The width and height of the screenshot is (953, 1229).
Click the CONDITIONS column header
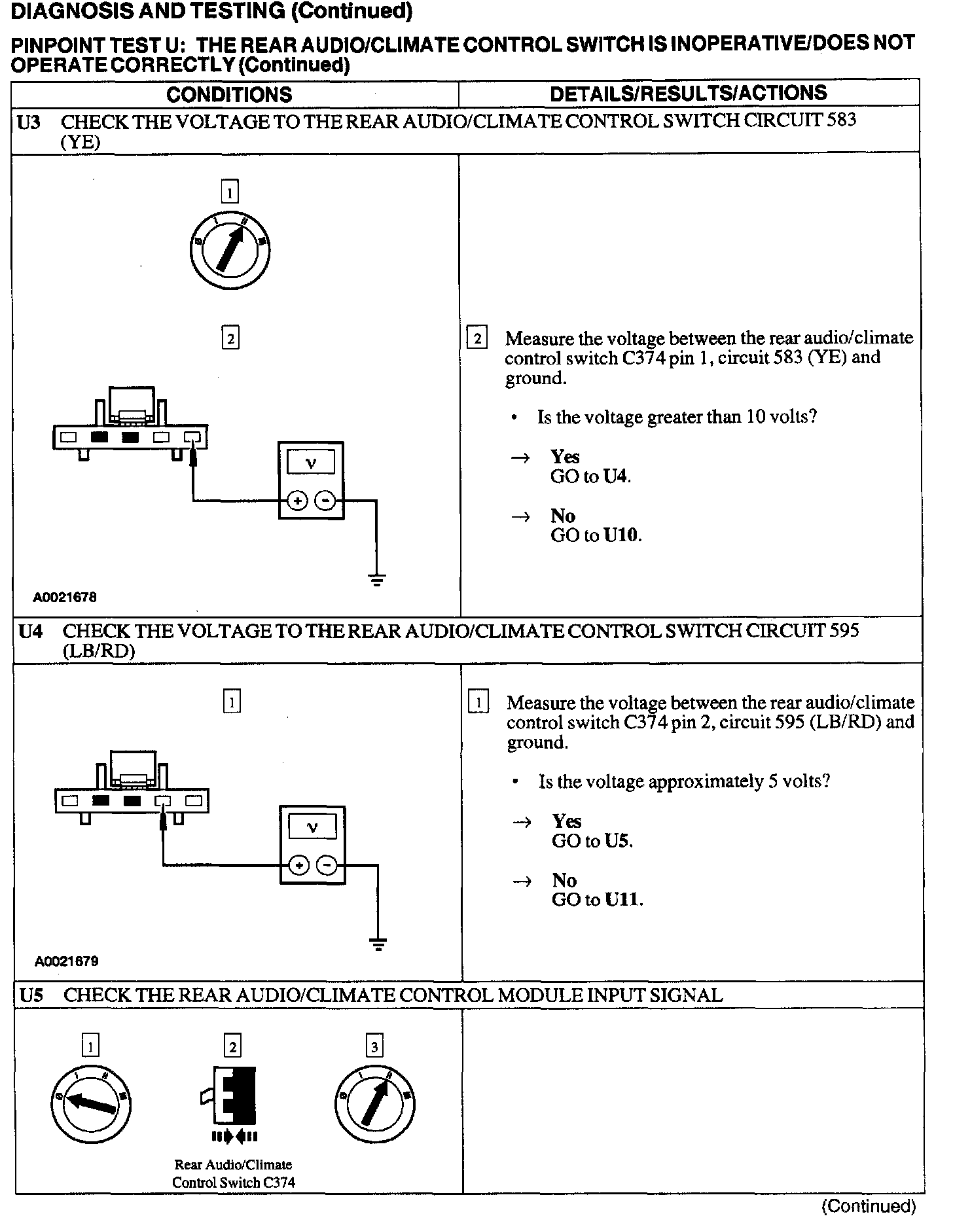point(229,94)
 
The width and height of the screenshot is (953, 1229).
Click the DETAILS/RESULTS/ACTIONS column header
point(688,94)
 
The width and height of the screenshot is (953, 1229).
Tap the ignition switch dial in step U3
point(230,250)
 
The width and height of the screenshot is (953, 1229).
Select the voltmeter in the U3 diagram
point(312,481)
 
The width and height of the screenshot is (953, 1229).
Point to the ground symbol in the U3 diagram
point(376,579)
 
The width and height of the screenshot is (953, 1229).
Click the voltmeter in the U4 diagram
point(313,845)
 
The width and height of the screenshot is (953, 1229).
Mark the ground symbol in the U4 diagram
point(378,943)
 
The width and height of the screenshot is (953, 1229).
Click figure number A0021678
point(65,597)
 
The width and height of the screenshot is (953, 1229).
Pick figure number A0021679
point(67,961)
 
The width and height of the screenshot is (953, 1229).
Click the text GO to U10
point(596,535)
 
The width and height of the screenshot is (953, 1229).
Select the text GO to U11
point(597,899)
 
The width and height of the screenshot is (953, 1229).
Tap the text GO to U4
point(590,476)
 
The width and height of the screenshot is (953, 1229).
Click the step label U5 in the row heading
point(31,995)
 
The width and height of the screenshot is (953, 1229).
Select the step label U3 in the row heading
point(29,122)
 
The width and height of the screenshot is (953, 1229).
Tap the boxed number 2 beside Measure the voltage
point(477,338)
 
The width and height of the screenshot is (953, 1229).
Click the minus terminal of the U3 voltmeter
point(325,501)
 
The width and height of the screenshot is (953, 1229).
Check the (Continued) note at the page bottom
point(869,1205)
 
